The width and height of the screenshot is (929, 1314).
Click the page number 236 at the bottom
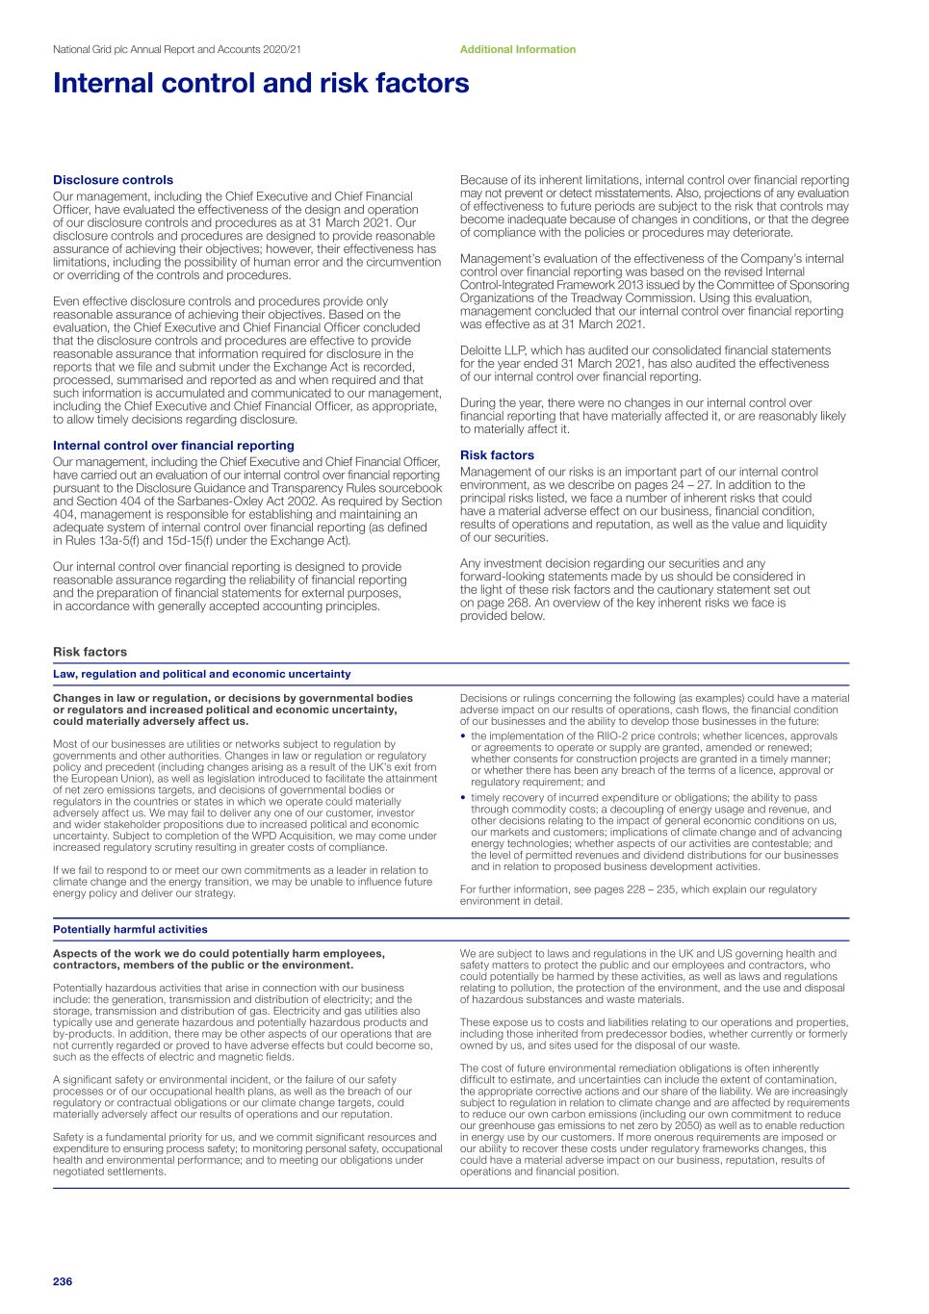[63, 1281]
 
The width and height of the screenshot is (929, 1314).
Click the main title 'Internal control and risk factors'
[261, 84]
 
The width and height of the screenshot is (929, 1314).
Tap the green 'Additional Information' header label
[517, 49]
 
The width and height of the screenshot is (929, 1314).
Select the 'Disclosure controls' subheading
[113, 180]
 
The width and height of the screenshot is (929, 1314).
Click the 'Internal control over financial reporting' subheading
[173, 446]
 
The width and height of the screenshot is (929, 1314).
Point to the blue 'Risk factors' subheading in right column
[497, 455]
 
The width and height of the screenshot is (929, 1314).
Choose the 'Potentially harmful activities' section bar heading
[130, 930]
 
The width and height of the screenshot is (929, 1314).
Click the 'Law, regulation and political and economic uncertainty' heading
[201, 674]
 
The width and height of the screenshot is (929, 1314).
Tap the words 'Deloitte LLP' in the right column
[491, 350]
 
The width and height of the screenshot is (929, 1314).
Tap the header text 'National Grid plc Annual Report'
[135, 49]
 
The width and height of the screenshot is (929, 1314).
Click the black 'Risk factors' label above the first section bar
[90, 652]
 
